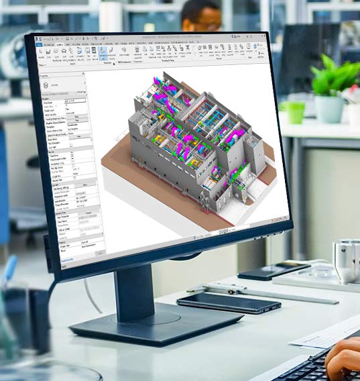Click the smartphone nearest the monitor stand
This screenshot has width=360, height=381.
pos(228,303)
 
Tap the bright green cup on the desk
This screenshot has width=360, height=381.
pos(296,111)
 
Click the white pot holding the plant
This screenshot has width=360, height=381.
pos(329,108)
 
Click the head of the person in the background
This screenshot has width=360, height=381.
pos(200,15)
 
